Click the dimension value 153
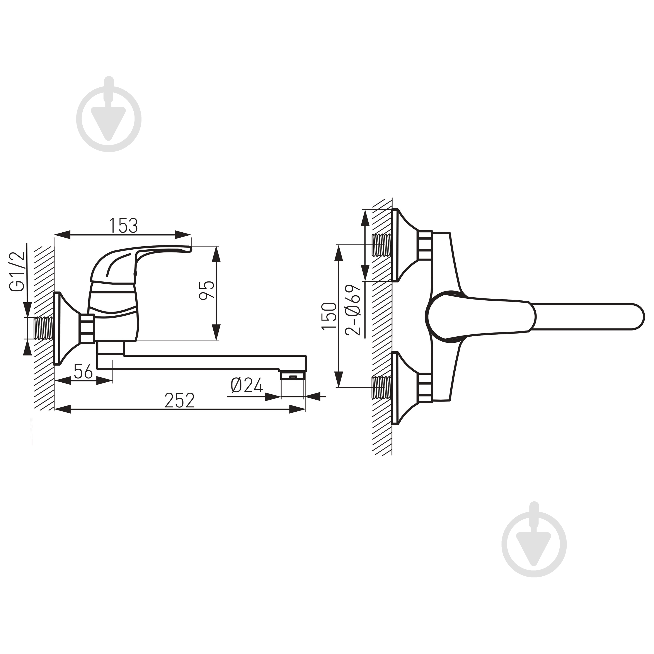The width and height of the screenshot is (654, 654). [x=123, y=226]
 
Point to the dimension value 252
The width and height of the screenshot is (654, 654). [x=180, y=400]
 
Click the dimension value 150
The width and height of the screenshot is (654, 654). [x=329, y=316]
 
